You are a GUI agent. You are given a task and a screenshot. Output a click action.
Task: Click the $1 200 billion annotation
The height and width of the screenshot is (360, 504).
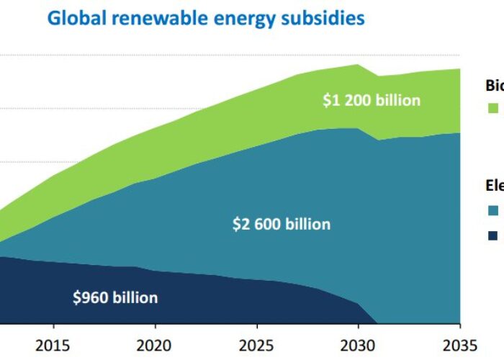point(371,100)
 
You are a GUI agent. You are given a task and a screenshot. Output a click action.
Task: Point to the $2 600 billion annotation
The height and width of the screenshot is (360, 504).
point(281,224)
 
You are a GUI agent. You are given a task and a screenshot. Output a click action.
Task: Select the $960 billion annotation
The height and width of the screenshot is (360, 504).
point(115,297)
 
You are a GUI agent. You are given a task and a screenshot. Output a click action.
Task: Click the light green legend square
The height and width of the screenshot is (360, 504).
point(493,108)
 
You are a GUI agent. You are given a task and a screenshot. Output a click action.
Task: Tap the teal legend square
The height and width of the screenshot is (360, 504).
point(493,210)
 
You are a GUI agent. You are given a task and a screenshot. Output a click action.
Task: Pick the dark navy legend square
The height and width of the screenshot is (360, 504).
point(493,235)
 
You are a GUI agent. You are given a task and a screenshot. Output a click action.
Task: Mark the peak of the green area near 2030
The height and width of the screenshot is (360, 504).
point(358,65)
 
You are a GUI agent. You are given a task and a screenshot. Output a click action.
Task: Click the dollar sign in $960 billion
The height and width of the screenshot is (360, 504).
point(77,297)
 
